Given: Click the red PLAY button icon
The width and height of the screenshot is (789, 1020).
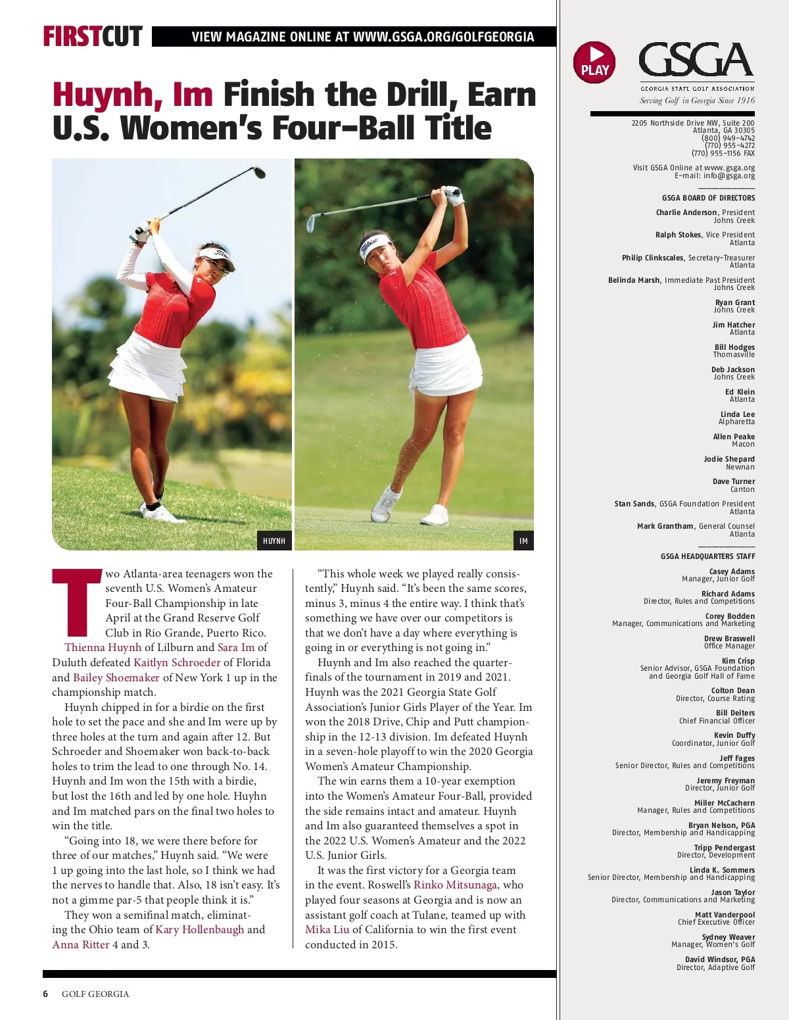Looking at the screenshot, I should (594, 62).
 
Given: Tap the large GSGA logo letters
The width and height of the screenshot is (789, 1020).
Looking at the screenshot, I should (696, 61).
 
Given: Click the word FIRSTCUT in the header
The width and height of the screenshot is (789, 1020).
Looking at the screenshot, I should (93, 36).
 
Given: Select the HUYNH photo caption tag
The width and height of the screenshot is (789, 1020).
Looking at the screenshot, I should (274, 541).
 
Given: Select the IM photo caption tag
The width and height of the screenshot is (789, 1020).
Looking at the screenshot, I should (523, 541).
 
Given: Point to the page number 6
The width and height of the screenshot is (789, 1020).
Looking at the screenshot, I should (45, 994).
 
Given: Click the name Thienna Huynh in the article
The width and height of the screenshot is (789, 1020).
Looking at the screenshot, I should (103, 647).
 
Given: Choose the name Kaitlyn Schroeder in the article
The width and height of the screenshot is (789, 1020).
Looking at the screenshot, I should (177, 662).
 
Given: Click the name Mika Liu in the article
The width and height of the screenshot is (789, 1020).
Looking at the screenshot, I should (327, 929).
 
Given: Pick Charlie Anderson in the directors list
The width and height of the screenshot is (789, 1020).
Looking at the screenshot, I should (686, 212).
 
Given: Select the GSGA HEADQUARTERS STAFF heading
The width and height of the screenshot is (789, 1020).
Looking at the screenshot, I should (707, 556).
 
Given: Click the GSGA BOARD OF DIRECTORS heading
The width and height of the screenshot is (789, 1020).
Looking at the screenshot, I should (708, 198).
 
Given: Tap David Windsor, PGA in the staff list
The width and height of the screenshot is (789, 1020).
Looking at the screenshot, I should (719, 959).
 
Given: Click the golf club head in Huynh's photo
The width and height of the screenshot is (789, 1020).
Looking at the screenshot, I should (259, 172).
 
